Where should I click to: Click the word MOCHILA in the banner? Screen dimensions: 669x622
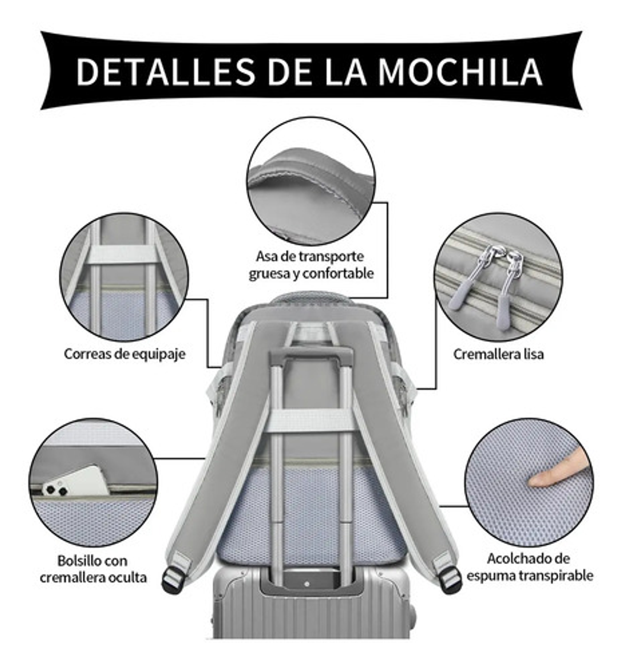tap(460, 71)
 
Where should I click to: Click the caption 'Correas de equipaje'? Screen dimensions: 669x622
tap(124, 354)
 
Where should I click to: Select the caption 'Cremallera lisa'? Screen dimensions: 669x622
tap(498, 354)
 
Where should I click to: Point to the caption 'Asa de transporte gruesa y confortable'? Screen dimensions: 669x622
tap(311, 265)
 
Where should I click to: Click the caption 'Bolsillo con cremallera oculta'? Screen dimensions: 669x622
tap(93, 569)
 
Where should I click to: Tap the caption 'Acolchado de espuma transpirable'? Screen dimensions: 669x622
tap(529, 567)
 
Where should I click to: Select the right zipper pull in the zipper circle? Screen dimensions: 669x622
tap(510, 285)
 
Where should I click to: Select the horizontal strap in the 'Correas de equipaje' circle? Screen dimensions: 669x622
tap(123, 255)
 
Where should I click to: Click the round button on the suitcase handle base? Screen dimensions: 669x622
tap(307, 584)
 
